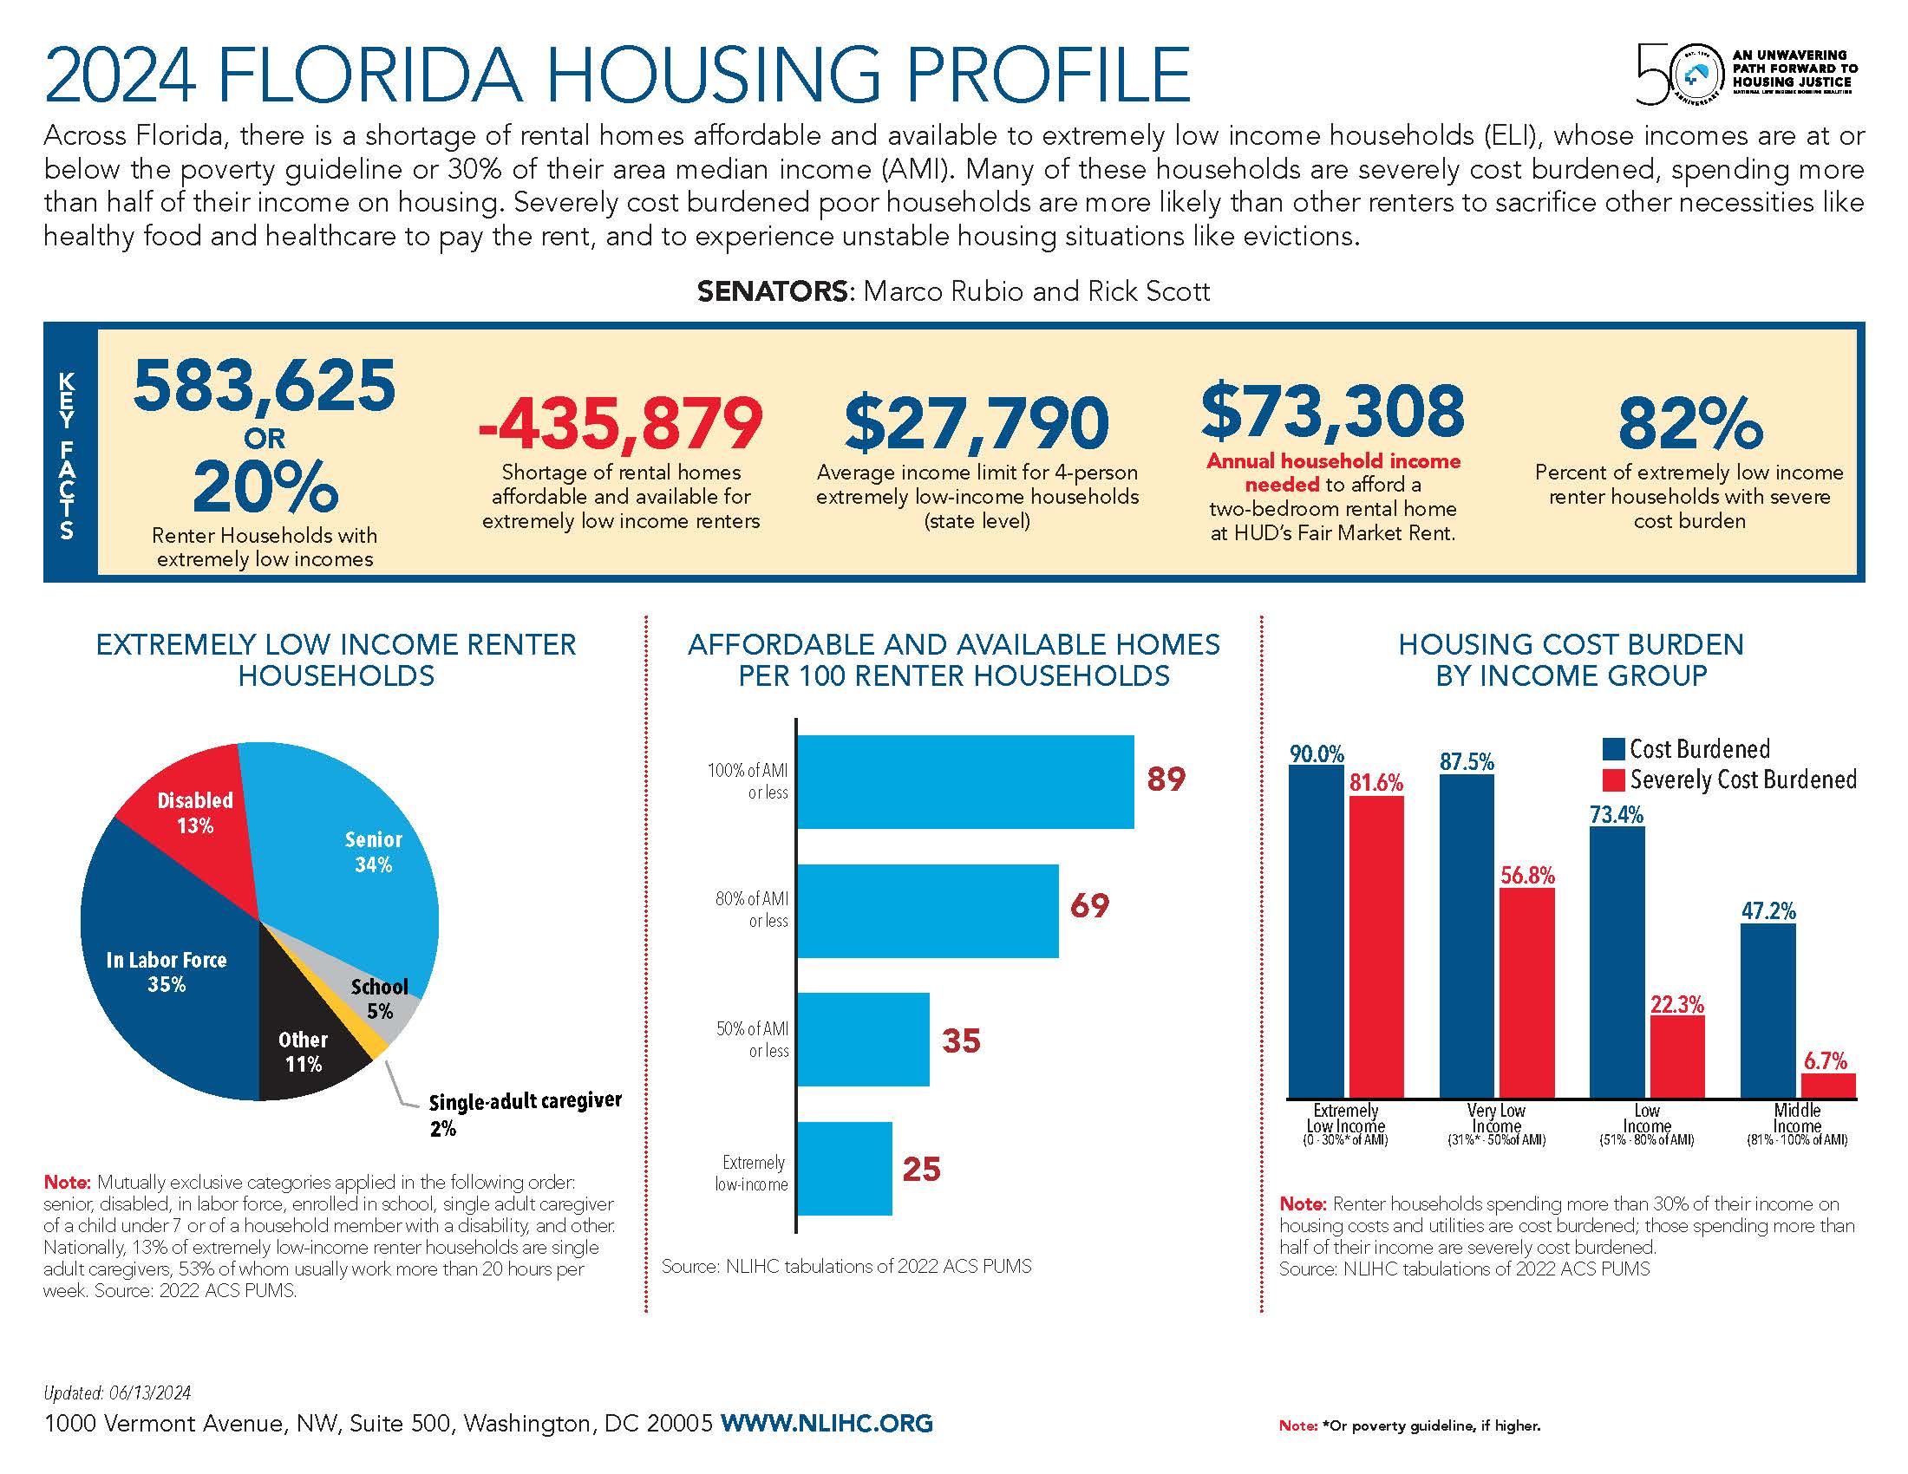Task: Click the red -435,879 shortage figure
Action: click(620, 424)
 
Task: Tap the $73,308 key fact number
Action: click(1332, 411)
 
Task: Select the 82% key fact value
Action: click(1689, 424)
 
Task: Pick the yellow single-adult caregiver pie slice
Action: click(376, 1043)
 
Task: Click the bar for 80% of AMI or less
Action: click(927, 910)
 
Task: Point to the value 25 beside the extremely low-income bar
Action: click(921, 1169)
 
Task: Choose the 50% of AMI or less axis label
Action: click(752, 1039)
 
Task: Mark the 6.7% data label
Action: click(1825, 1061)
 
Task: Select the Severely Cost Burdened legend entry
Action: click(1730, 779)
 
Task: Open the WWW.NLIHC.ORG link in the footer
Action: click(827, 1424)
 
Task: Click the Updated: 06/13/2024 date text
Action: click(117, 1392)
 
